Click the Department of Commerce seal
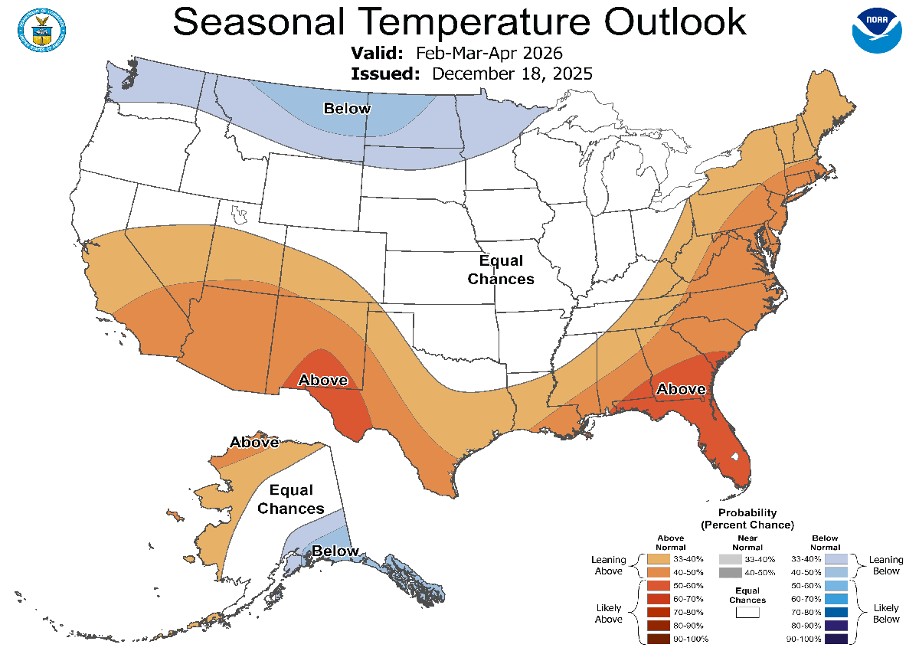[x=39, y=28]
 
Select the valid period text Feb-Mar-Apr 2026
[x=489, y=54]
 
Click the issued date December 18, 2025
[x=512, y=74]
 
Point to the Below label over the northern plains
[x=347, y=109]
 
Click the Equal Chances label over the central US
[x=501, y=270]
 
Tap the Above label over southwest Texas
[x=322, y=380]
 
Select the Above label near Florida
[x=681, y=389]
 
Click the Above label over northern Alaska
[x=254, y=442]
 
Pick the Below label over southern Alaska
[x=335, y=551]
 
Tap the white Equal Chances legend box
[x=747, y=612]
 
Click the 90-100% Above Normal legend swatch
[x=658, y=639]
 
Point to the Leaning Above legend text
[x=608, y=565]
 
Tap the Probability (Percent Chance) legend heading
[x=747, y=519]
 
